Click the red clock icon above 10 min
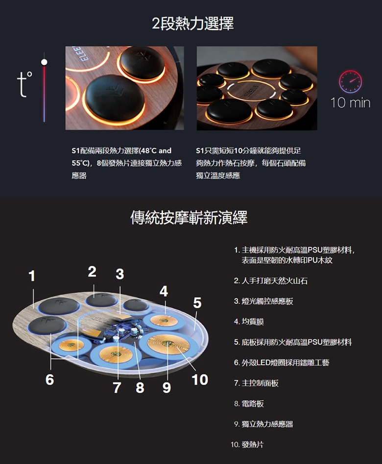[350, 81]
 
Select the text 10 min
[350, 103]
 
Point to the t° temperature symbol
[24, 83]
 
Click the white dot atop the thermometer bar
[45, 62]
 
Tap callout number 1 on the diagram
[32, 276]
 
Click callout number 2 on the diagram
[92, 271]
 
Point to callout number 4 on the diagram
[164, 291]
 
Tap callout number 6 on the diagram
[50, 379]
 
